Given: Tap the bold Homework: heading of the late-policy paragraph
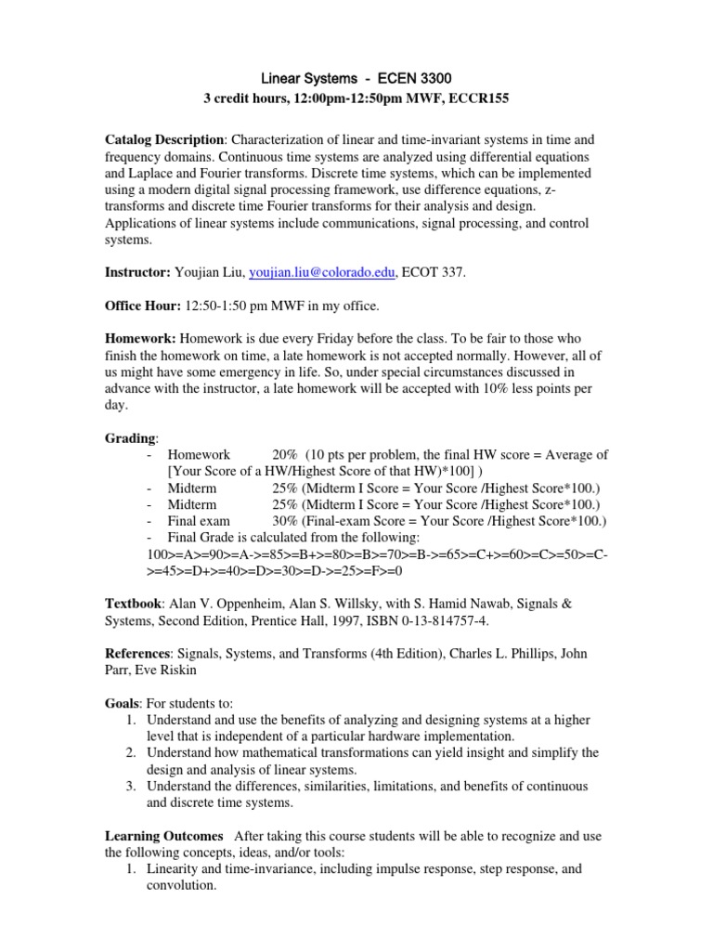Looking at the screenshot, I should coord(140,339).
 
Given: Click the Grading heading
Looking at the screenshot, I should coord(130,438).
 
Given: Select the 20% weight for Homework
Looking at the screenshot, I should coord(285,454).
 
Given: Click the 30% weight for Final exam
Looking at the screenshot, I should coord(285,521).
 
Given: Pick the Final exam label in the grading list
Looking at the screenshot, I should coord(199,521).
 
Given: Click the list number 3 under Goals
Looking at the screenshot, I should coord(131,787).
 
